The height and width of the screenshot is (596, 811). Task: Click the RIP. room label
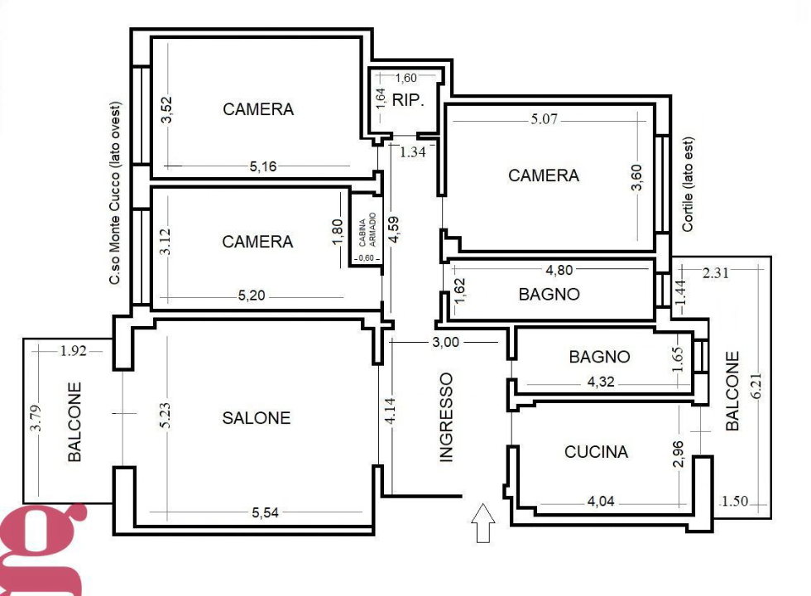point(409,101)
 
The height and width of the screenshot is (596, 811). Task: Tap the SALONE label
point(257,418)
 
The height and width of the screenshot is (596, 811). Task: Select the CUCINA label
point(596,452)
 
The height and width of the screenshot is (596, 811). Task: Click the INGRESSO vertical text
point(447,416)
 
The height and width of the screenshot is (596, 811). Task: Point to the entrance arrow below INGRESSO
point(483,524)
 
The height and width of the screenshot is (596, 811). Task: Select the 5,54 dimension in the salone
point(266,513)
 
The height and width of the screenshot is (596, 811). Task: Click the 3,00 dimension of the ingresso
point(444,342)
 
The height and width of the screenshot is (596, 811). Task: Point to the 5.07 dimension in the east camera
point(545,119)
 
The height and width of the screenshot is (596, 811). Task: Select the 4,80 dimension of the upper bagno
point(560,269)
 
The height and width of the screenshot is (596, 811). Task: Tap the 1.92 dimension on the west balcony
point(73,350)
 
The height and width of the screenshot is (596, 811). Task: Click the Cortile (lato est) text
point(688,184)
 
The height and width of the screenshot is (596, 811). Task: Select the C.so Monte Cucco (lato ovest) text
point(115,195)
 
